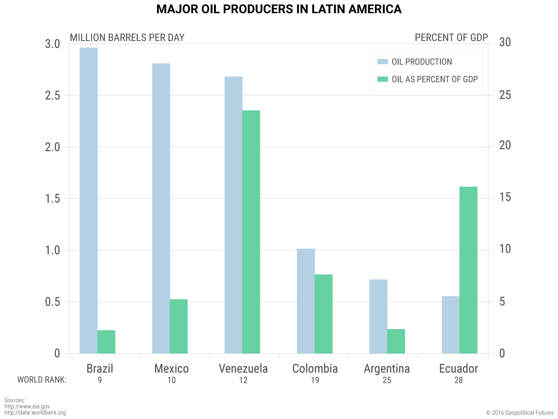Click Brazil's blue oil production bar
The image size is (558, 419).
tap(88, 201)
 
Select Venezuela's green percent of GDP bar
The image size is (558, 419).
tap(251, 232)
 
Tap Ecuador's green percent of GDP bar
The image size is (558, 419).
tap(468, 270)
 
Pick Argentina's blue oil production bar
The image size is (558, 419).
tap(378, 316)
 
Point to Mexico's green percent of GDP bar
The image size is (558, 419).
tap(179, 326)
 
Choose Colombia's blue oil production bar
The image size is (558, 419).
tap(306, 301)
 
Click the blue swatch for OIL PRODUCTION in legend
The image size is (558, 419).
tap(382, 62)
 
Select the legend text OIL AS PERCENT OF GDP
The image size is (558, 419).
tap(435, 79)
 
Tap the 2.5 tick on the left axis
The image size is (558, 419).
tap(52, 96)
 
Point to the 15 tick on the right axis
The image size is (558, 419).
tap(505, 197)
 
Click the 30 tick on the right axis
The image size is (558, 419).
tap(505, 42)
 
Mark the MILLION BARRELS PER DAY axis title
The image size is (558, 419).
tap(127, 38)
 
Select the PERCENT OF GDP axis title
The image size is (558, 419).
tap(451, 38)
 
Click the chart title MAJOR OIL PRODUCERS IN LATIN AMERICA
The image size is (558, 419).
tap(279, 9)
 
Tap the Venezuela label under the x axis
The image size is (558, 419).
tap(243, 369)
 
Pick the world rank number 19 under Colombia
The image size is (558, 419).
tap(315, 380)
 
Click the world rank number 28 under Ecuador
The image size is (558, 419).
tap(459, 380)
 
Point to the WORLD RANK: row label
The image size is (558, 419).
tap(42, 380)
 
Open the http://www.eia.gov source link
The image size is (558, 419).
tap(27, 406)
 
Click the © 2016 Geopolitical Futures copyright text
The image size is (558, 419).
tap(520, 412)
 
